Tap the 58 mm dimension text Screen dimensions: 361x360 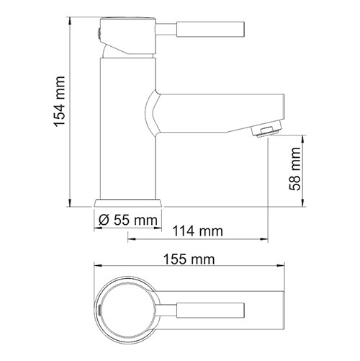coord(296,171)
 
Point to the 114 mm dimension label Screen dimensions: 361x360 coord(197,231)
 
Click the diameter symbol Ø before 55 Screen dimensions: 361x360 coord(103,219)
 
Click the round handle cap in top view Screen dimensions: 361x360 coord(127,308)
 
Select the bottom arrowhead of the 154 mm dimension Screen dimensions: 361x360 coord(70,204)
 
